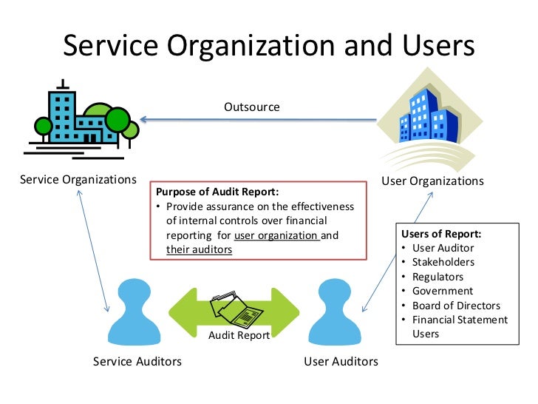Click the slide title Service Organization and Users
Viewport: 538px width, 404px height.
coord(268,46)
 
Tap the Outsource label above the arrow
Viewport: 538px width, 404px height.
coord(252,107)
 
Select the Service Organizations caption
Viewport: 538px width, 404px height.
coord(78,179)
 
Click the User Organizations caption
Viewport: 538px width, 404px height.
coord(432,181)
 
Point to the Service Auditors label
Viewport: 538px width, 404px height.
coord(137,361)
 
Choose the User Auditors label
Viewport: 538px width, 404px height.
coord(341,361)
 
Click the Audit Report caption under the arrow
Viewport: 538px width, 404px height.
coord(239,334)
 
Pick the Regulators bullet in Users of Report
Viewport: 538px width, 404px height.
coord(437,277)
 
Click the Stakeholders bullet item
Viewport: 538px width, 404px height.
coord(443,262)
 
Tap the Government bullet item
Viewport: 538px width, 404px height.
coord(443,291)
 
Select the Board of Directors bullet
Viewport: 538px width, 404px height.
coord(456,306)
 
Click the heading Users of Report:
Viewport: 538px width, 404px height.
coord(441,234)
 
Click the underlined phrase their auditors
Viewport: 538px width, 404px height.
coord(199,250)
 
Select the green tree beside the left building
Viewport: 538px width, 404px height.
coord(118,121)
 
